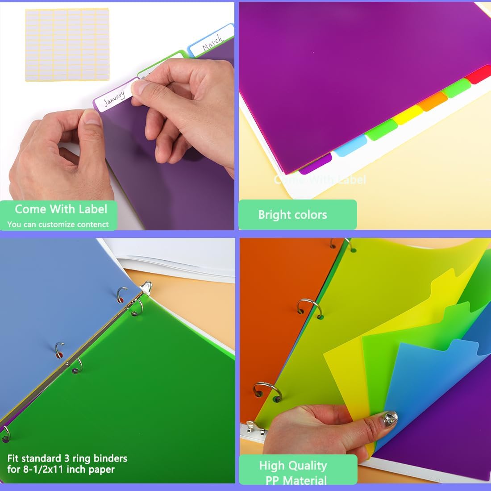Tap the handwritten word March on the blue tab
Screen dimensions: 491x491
tap(212, 42)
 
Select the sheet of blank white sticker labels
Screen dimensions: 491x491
tap(67, 44)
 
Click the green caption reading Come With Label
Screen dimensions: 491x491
tap(61, 209)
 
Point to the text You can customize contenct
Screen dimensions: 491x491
tap(58, 225)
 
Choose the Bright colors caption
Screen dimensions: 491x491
tap(292, 215)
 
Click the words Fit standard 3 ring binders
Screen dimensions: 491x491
tap(67, 458)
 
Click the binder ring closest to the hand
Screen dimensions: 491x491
tap(267, 391)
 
